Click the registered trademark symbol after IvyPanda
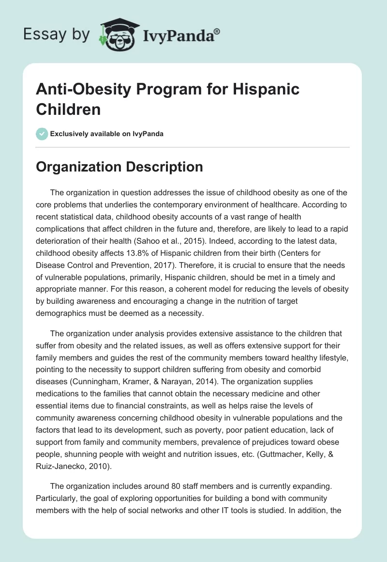(217, 31)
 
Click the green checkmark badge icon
(42, 134)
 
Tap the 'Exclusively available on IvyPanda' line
(107, 134)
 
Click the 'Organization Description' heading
(119, 167)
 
